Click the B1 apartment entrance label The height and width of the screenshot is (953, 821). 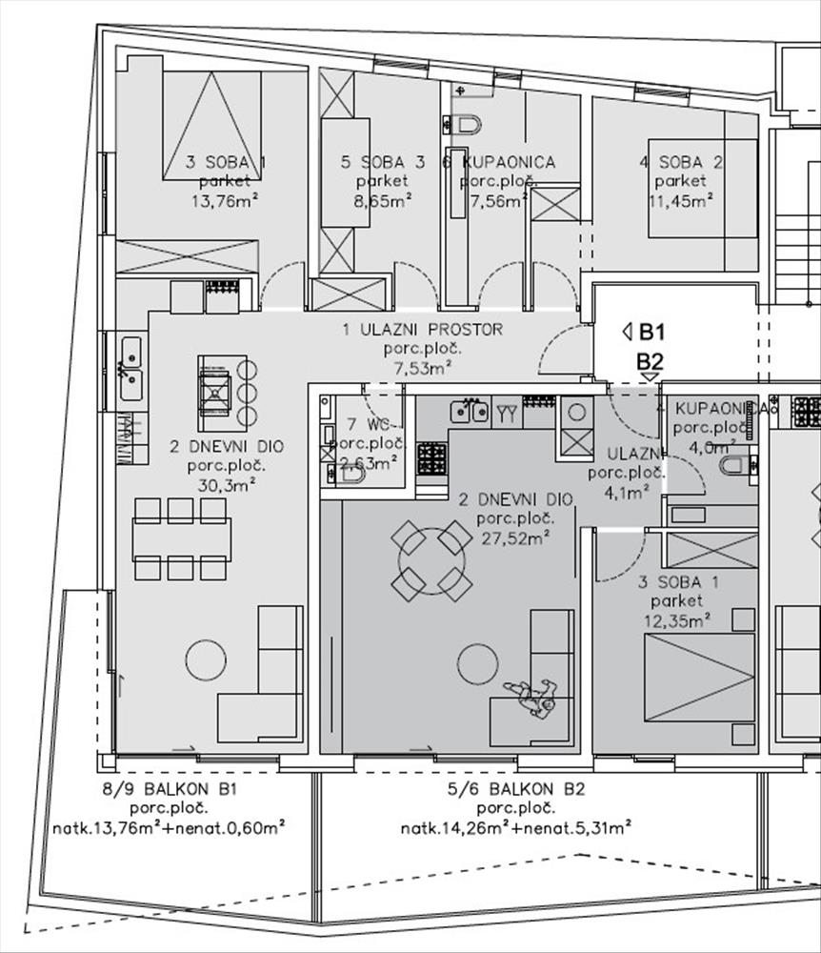point(651,333)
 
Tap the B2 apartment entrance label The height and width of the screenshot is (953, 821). point(651,362)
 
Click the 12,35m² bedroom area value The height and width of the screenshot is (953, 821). point(677,620)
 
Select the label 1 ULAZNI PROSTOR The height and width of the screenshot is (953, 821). point(422,330)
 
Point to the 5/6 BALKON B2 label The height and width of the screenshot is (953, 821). point(515,788)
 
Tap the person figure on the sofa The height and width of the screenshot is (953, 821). point(530,698)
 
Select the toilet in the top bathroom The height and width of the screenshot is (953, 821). point(466,123)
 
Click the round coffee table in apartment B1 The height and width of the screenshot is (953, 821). point(206,659)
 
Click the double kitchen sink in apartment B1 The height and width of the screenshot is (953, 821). point(130,368)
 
